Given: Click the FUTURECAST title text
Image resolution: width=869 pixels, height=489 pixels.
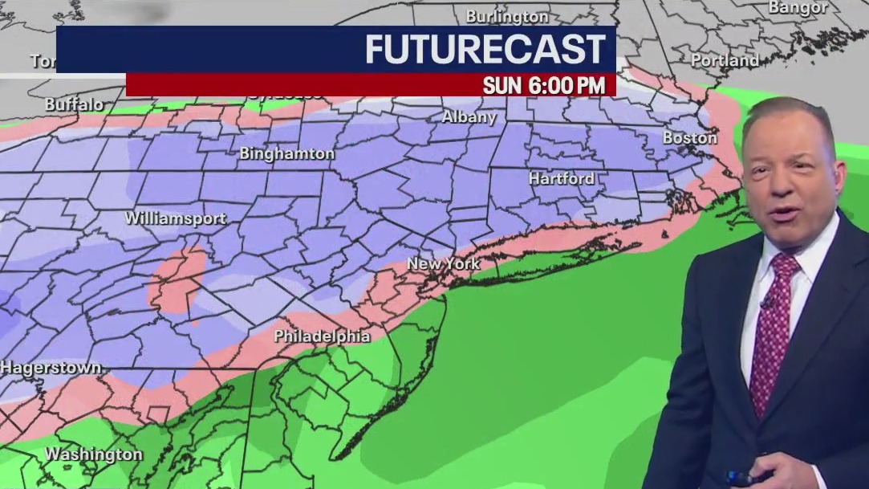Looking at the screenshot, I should (x=485, y=50).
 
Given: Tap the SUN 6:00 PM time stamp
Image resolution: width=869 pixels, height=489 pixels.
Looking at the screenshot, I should (x=544, y=86).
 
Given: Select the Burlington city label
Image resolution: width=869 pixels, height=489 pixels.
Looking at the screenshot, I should (x=507, y=16).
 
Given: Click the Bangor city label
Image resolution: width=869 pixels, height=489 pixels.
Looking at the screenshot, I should (x=798, y=7).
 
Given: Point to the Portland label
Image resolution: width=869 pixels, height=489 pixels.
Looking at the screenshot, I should (x=725, y=60).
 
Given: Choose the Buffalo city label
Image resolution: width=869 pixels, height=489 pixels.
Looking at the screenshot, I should (x=74, y=104).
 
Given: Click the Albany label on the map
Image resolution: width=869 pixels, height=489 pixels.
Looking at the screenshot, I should (x=469, y=117).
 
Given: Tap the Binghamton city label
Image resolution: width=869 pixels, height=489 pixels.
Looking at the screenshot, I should (x=286, y=153).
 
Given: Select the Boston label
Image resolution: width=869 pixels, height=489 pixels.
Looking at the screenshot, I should (x=689, y=137).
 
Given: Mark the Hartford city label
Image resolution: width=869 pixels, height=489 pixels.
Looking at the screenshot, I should (x=561, y=178).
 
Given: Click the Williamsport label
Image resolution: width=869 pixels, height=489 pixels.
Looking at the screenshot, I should (x=175, y=218).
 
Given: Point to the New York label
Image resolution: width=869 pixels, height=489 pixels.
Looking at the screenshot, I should (x=443, y=263).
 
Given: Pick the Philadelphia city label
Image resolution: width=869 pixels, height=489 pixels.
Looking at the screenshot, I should (x=322, y=336).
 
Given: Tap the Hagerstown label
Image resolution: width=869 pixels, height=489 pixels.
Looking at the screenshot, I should (x=51, y=368).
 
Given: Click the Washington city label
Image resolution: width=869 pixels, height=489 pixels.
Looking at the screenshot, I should (x=93, y=454).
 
